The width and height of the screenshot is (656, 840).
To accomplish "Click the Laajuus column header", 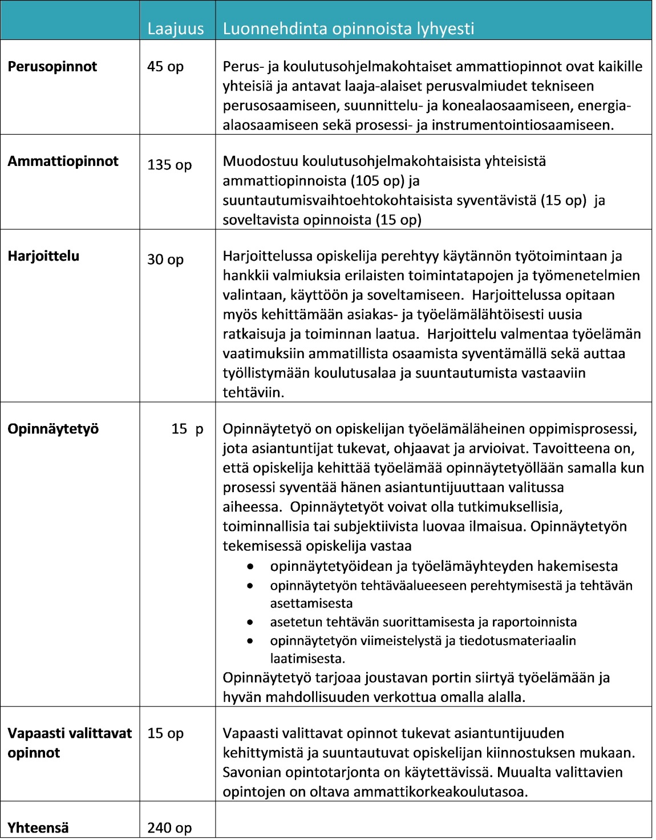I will click(175, 29).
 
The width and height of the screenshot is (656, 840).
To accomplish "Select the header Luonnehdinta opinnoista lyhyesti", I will click(348, 29).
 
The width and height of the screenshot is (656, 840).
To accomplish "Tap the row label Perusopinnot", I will click(52, 67).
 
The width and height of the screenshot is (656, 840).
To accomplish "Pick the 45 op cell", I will click(165, 67).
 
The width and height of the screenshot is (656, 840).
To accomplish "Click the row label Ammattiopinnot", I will click(63, 161).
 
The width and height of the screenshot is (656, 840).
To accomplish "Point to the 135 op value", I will click(169, 165).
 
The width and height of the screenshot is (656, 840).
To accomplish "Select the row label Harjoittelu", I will click(43, 256).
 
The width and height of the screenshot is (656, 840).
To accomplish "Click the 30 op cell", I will click(165, 259).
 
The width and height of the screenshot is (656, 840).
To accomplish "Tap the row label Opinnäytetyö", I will click(53, 429).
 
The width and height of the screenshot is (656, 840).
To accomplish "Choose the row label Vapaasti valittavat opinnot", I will click(69, 742).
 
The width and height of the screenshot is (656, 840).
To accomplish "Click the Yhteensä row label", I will click(38, 827).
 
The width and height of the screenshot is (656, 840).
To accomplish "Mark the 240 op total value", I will click(169, 827).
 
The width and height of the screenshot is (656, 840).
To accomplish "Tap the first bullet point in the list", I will click(250, 566).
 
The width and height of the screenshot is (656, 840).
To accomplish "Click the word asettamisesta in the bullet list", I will click(311, 603).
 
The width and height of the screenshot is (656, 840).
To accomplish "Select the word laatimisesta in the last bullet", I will click(307, 659).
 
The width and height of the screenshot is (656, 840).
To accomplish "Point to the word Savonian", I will click(254, 772).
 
